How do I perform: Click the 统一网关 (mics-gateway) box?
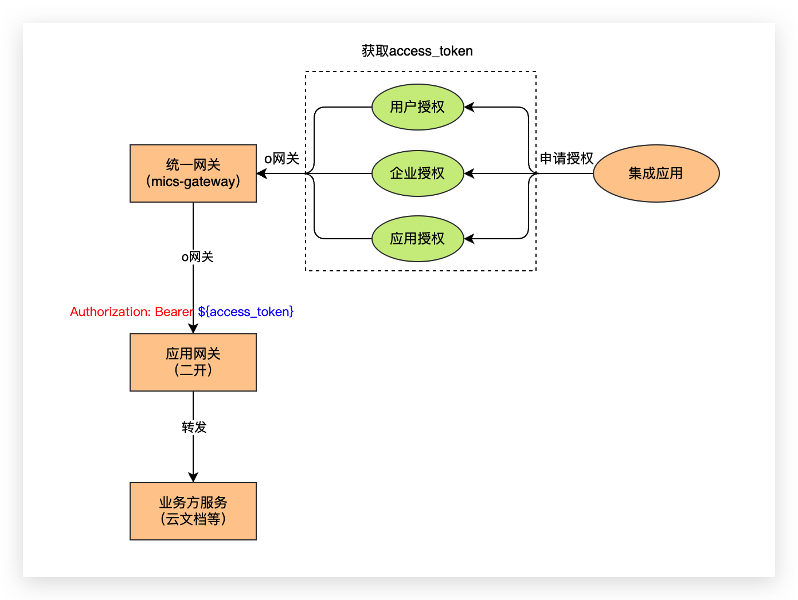click(x=193, y=173)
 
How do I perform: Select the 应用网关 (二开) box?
click(x=193, y=362)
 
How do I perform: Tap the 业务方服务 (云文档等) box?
click(x=193, y=511)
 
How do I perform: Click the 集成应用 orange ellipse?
click(x=656, y=173)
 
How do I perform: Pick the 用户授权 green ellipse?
click(x=417, y=107)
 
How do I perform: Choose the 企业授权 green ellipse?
click(x=417, y=173)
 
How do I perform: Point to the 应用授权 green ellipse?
click(x=417, y=239)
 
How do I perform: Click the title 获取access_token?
click(x=417, y=51)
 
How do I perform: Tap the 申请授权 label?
click(x=566, y=159)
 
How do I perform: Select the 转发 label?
click(x=194, y=427)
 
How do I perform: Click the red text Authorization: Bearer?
click(x=131, y=311)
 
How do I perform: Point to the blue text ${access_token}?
click(x=246, y=311)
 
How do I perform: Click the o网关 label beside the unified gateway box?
click(x=281, y=159)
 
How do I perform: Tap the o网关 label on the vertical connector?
click(x=197, y=257)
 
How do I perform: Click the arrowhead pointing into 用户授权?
click(x=469, y=107)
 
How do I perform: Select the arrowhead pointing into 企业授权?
click(x=469, y=173)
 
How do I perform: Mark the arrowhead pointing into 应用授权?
click(x=469, y=239)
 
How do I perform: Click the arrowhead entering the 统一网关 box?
click(x=262, y=173)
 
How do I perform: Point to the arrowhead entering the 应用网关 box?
click(x=193, y=329)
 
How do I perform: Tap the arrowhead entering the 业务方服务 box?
click(x=193, y=477)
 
